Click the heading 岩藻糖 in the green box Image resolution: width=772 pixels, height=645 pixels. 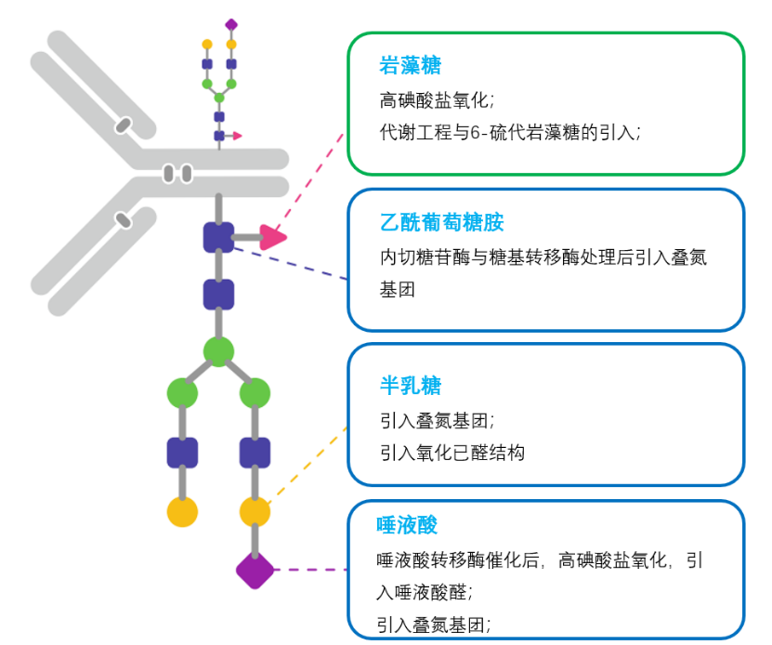(x=410, y=66)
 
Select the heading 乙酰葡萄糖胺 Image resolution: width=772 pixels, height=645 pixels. (x=442, y=223)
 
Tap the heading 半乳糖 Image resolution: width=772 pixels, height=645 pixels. (x=410, y=386)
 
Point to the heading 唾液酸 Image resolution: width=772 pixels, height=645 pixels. (x=407, y=525)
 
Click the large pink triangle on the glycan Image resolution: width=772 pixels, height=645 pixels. (x=271, y=237)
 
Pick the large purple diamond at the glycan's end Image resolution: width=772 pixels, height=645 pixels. (x=255, y=570)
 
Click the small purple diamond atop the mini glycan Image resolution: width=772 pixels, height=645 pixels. (x=231, y=23)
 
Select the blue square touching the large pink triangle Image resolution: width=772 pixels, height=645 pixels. (x=219, y=237)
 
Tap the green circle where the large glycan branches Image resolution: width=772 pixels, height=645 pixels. (x=218, y=351)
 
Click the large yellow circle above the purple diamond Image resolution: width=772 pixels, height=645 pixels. (x=255, y=511)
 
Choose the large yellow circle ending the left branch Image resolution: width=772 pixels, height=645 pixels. (x=182, y=511)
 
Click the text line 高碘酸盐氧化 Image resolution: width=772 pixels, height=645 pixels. (x=437, y=99)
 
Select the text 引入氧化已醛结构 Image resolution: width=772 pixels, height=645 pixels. (x=452, y=453)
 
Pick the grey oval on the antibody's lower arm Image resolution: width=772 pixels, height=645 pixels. (x=122, y=220)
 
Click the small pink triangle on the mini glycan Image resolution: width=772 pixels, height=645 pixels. (x=237, y=136)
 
